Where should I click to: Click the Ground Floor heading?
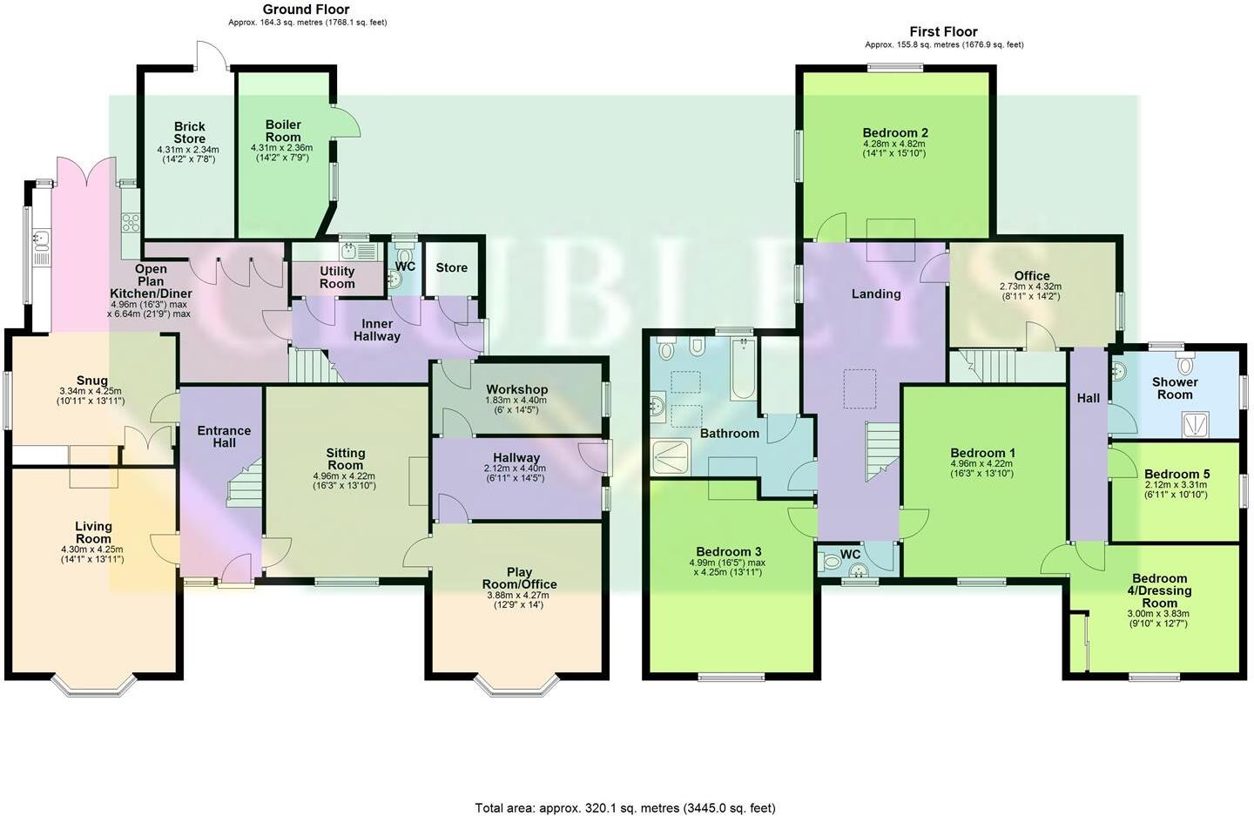(306, 10)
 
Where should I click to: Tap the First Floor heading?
(943, 31)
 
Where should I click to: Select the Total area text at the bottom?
(624, 808)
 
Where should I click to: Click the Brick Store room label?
(189, 132)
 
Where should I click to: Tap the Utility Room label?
(336, 277)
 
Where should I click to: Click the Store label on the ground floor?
(451, 267)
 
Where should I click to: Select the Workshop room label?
(516, 389)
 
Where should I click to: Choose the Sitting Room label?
(345, 459)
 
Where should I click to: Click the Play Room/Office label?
(519, 578)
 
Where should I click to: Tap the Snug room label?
(91, 381)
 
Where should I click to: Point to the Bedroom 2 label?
(895, 133)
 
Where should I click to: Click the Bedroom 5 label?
(1176, 475)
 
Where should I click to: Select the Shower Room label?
(1174, 388)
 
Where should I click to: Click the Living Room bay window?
(94, 688)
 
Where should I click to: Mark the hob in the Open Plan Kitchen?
(131, 221)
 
